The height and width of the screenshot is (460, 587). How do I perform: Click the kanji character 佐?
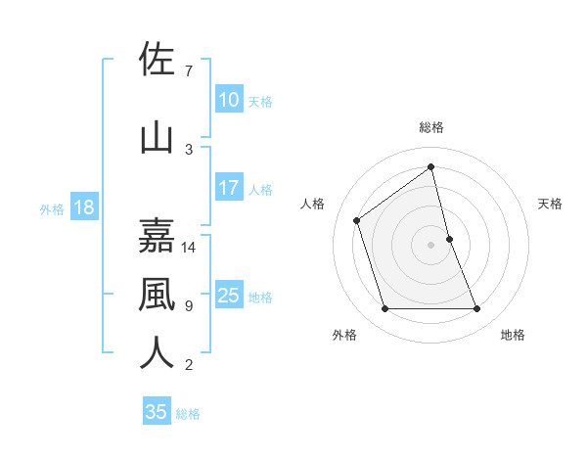pos(157,60)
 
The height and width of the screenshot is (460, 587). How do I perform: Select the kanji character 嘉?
pos(157,235)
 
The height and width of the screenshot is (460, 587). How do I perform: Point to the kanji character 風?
pos(157,294)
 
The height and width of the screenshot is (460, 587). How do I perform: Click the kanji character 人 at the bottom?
pos(157,353)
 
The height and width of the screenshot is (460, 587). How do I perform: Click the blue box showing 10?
pos(229,100)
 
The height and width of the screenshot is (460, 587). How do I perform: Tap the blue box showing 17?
pos(229,188)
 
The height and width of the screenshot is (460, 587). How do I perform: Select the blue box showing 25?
pos(229,296)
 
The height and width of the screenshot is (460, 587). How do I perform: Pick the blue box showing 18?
pos(83,207)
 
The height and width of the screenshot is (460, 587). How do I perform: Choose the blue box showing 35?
pos(157,412)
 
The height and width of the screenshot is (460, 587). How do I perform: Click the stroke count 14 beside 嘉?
pos(189,248)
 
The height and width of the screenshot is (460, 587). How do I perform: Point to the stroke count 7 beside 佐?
pos(189,71)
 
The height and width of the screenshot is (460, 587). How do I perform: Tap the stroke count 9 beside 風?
pos(189,306)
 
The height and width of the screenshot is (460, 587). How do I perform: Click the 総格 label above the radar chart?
pos(431,127)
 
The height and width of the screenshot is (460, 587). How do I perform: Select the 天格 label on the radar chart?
pos(550,204)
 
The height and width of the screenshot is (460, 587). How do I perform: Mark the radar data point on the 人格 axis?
pos(357,220)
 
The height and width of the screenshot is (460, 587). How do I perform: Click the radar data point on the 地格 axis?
pos(477,309)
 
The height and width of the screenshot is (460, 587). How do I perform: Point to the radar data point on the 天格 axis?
pos(449,239)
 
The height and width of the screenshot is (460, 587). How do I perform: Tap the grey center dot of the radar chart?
pos(431,245)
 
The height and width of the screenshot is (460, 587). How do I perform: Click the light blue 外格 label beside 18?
pos(52,208)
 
